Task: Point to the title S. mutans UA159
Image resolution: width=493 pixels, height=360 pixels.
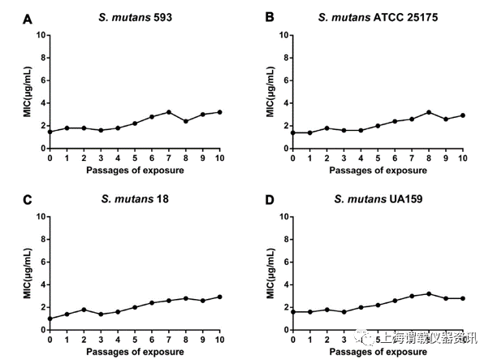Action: coord(374,198)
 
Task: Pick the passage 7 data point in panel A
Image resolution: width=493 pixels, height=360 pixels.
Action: coord(168,112)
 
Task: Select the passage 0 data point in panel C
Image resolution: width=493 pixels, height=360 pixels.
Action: coord(50,319)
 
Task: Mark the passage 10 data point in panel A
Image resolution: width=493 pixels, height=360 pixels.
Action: coord(219,112)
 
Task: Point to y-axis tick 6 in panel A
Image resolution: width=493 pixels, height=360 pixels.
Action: coord(41,80)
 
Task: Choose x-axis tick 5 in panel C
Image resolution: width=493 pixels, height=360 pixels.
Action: coord(134,340)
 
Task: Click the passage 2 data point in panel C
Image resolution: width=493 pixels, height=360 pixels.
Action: coord(84,310)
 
